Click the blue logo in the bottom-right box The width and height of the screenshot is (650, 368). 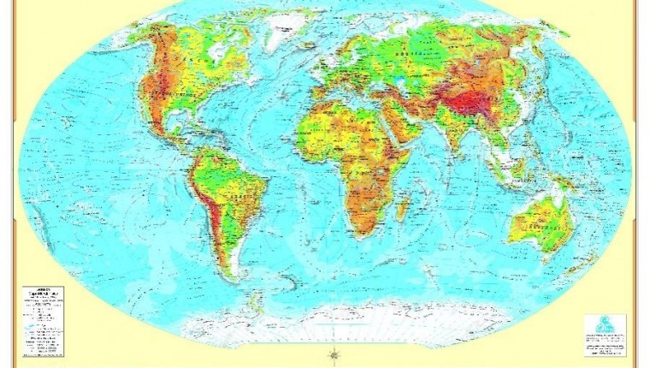[x=604, y=325]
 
